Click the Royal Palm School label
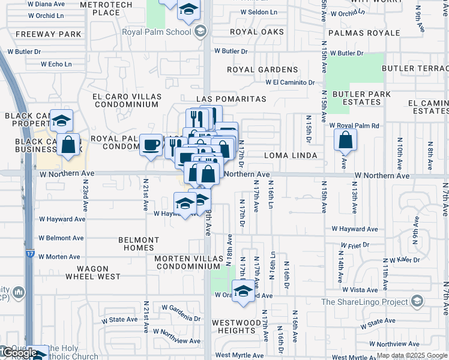[x=157, y=32]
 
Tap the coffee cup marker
[x=151, y=144]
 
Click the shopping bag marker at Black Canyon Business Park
[x=70, y=145]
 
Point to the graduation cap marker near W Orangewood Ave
[x=243, y=293]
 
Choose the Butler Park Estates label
[x=361, y=98]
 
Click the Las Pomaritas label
[x=231, y=98]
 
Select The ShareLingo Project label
[x=364, y=302]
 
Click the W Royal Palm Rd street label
[x=354, y=126]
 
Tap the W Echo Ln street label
[x=56, y=64]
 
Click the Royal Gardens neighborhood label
[x=262, y=70]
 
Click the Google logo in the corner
[x=20, y=353]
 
